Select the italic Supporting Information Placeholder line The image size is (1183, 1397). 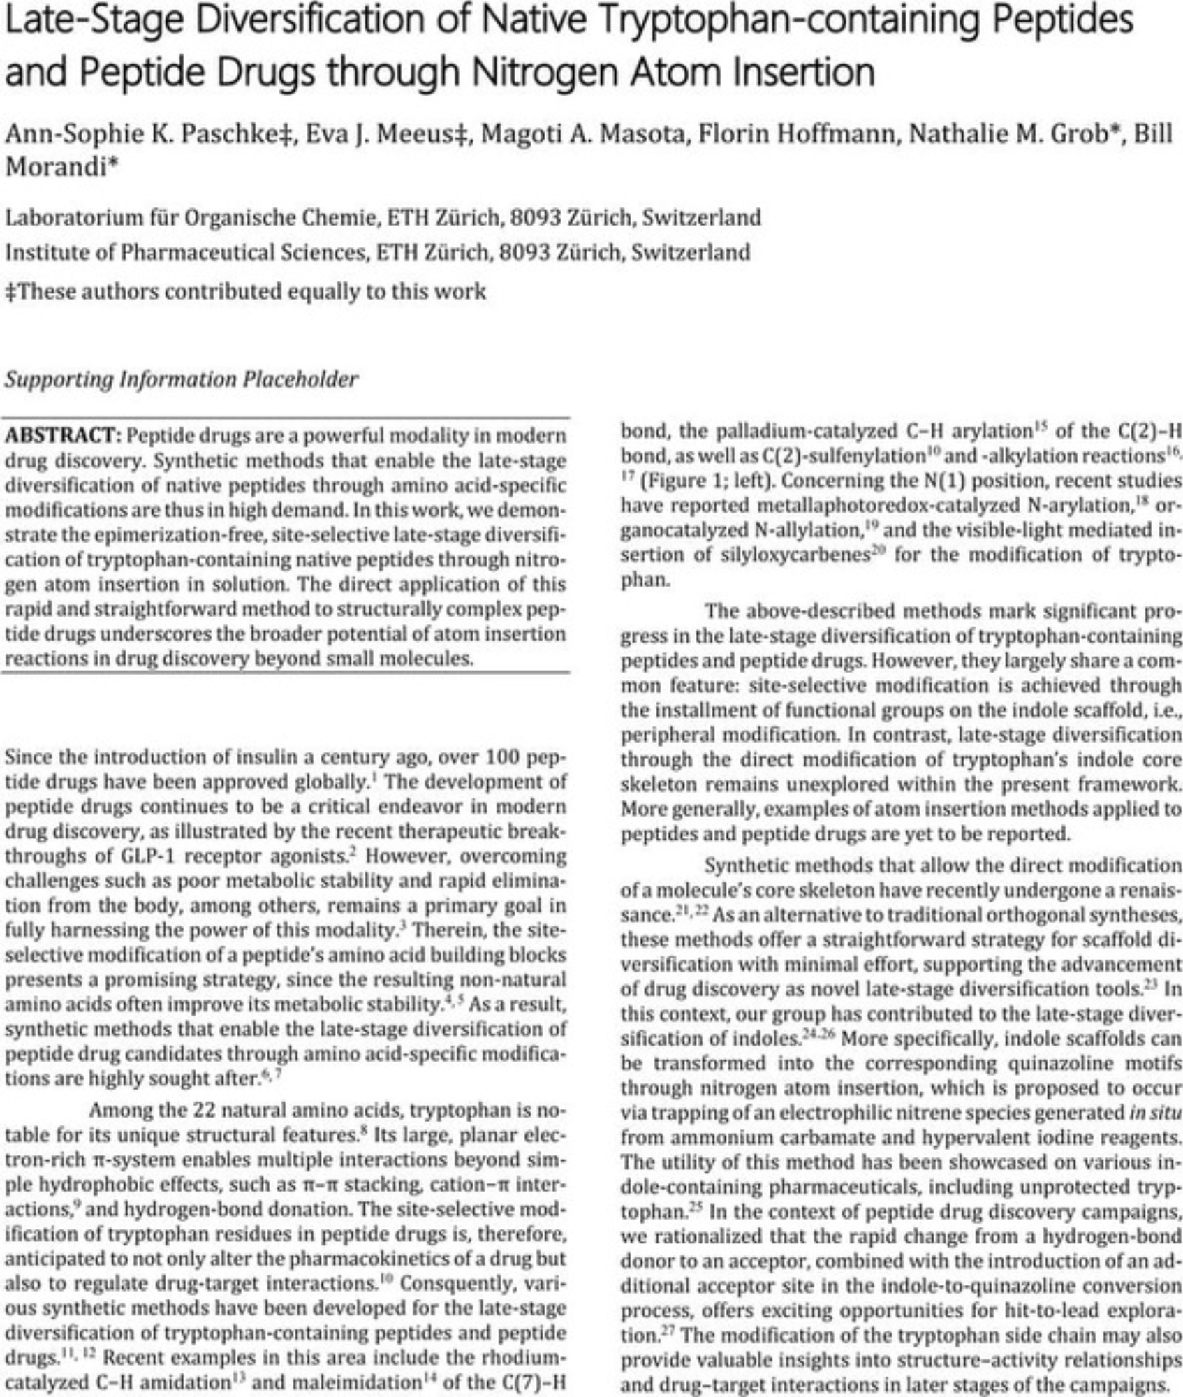182,379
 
